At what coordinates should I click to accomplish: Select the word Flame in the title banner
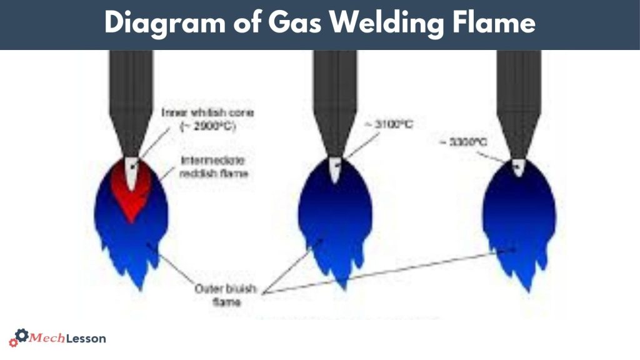point(496,23)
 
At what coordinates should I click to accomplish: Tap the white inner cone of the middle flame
point(336,169)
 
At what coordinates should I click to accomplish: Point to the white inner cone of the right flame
point(518,167)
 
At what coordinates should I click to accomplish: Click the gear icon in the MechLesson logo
point(21,337)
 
